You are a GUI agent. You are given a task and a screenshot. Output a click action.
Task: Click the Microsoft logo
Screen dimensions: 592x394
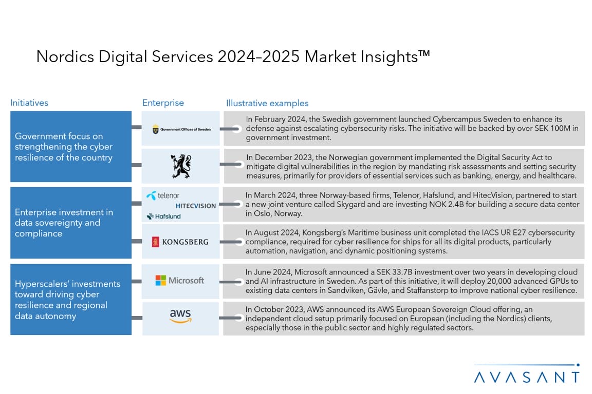pos(180,281)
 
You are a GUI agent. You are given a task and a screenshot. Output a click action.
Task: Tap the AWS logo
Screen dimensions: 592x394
pos(180,316)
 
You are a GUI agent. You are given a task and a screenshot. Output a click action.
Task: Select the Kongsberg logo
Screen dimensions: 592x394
pos(180,242)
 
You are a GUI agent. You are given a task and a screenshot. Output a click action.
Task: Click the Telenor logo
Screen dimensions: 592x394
pos(163,195)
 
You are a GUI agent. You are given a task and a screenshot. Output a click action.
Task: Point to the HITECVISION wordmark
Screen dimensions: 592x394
pos(196,206)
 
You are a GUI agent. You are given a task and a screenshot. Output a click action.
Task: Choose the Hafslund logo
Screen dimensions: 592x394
pos(163,216)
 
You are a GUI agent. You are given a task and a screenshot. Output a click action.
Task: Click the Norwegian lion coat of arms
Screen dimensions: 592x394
pos(181,166)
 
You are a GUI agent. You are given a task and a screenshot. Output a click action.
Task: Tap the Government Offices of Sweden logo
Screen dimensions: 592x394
pos(181,129)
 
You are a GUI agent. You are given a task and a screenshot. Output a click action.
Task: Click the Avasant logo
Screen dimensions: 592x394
pos(527,374)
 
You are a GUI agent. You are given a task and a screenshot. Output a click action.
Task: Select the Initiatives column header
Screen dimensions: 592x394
pos(29,103)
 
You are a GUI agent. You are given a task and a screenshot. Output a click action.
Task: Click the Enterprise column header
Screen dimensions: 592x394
pos(163,103)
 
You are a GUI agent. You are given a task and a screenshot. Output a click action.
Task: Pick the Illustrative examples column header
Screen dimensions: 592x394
pos(267,103)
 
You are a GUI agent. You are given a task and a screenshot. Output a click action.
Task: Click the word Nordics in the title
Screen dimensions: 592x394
pos(65,56)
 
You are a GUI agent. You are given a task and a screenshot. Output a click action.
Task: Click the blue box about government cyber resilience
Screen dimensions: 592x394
pos(71,146)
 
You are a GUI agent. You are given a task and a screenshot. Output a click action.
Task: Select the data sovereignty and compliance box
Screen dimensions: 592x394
pos(71,223)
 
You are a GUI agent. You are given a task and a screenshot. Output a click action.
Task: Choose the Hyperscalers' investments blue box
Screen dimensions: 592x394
pos(71,300)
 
